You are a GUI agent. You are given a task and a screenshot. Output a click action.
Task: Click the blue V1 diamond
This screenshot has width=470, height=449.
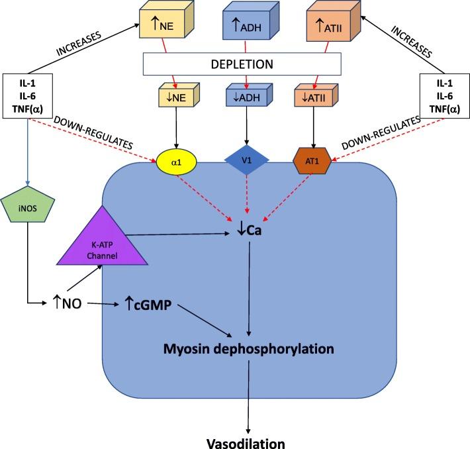(247, 160)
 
